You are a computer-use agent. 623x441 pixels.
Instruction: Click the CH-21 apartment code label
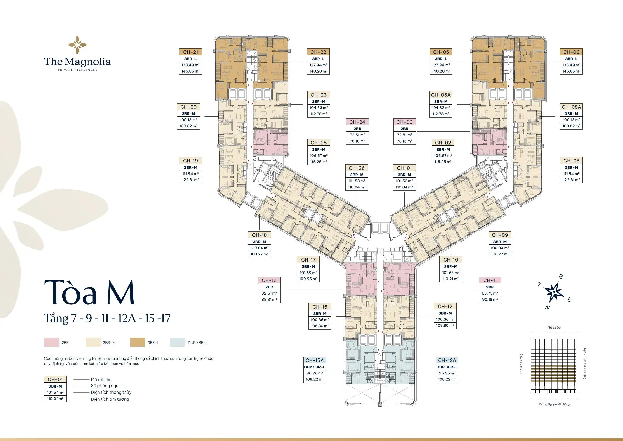click(190, 52)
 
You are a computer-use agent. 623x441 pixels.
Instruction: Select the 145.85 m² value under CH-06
click(571, 71)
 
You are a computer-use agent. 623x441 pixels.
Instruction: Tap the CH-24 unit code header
click(357, 122)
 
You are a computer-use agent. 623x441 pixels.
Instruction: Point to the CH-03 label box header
click(404, 122)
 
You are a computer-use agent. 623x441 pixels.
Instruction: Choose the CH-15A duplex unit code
click(315, 360)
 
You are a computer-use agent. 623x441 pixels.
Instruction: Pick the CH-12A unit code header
click(447, 360)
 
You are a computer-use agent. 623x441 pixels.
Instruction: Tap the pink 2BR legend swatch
click(51, 342)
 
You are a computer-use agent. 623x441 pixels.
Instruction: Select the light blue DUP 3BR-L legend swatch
click(178, 342)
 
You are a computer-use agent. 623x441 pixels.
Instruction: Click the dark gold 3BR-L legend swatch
click(138, 342)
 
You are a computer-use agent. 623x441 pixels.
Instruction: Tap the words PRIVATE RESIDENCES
click(77, 70)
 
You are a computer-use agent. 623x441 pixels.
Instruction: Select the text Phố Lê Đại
click(554, 328)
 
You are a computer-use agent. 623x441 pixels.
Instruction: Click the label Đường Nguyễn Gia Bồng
click(554, 412)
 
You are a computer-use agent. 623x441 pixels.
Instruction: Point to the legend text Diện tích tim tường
click(110, 399)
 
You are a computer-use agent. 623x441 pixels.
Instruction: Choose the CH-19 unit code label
click(190, 161)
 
